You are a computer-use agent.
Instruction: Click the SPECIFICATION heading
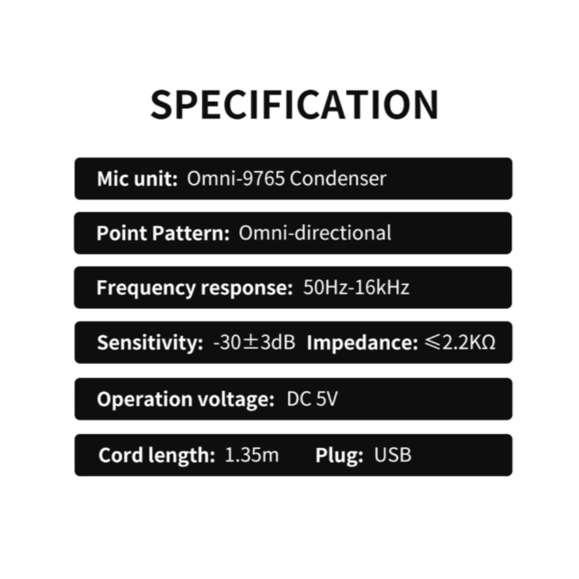click(294, 105)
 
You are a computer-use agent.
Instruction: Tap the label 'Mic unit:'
click(137, 178)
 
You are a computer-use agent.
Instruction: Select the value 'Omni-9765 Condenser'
click(286, 178)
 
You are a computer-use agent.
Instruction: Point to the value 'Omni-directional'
click(315, 233)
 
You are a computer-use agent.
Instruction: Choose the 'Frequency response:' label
click(195, 288)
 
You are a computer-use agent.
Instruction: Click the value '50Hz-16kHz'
click(356, 288)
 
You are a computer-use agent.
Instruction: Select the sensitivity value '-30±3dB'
click(254, 343)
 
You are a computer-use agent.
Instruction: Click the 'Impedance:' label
click(362, 343)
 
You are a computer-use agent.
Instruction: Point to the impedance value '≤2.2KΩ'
click(460, 343)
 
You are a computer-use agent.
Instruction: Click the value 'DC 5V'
click(312, 400)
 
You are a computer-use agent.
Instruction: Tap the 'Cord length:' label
click(156, 455)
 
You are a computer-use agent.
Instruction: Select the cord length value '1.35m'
click(251, 455)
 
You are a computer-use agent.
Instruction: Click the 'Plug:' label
click(339, 455)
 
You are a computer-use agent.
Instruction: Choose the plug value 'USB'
click(393, 455)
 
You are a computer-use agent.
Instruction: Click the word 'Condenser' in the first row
click(338, 178)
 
